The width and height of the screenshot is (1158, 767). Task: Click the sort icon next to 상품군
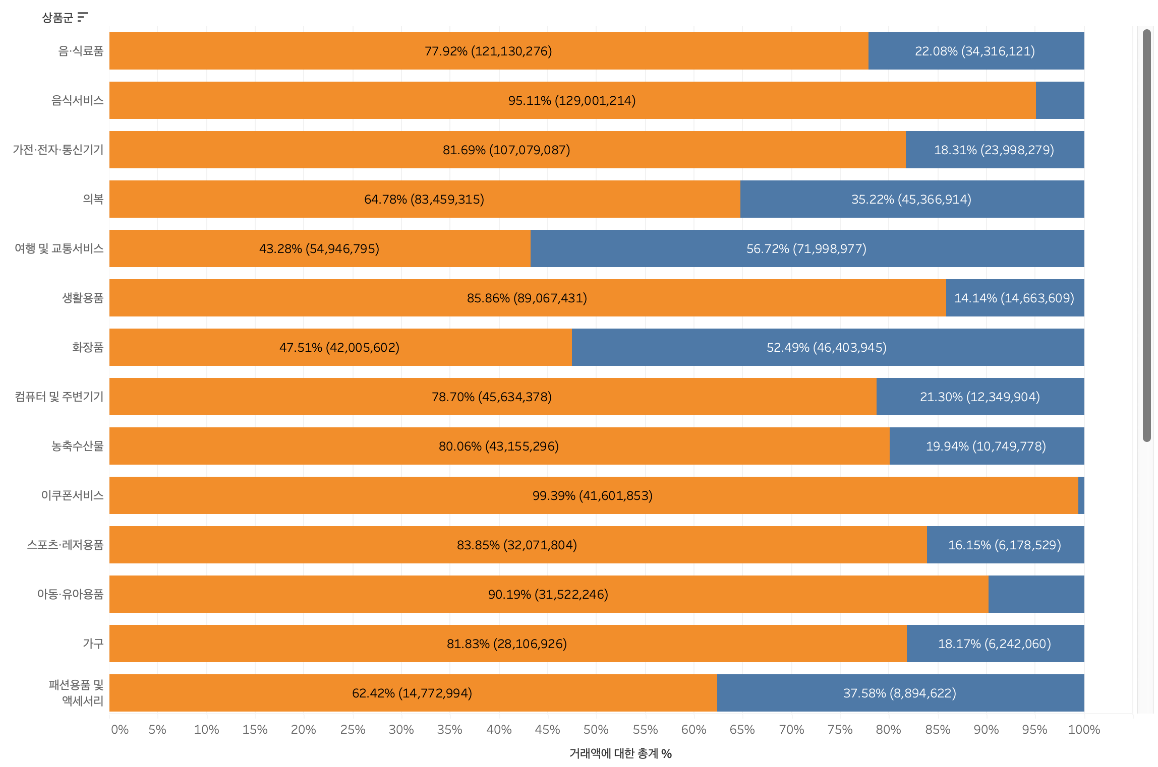tap(83, 18)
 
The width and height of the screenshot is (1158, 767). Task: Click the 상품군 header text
tap(57, 18)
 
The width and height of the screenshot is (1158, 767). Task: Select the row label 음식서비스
tap(77, 100)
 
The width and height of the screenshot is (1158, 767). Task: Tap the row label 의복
tap(93, 199)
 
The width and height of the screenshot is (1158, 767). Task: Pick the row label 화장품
tap(87, 347)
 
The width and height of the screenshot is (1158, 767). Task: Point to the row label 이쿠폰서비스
tap(72, 495)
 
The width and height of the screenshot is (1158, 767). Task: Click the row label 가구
tap(93, 644)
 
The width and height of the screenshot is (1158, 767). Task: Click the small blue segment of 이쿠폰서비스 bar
tap(1081, 495)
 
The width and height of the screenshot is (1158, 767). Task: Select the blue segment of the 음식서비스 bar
tap(1060, 100)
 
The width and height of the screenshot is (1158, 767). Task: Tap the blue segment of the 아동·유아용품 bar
tap(1036, 594)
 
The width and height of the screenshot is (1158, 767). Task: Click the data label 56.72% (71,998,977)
tap(806, 248)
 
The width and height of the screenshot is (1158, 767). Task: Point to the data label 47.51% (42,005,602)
tap(339, 347)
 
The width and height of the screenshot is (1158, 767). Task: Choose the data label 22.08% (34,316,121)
tap(974, 51)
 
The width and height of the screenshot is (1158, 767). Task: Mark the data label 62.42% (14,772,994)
tap(412, 693)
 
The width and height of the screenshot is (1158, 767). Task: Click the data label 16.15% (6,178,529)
tap(1004, 545)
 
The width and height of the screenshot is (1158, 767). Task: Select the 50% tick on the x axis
tap(596, 729)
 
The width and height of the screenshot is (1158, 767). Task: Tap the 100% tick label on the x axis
tap(1083, 729)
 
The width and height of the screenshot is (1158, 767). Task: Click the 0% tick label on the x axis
tap(120, 729)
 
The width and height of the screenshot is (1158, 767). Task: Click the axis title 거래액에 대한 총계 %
tap(620, 753)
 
